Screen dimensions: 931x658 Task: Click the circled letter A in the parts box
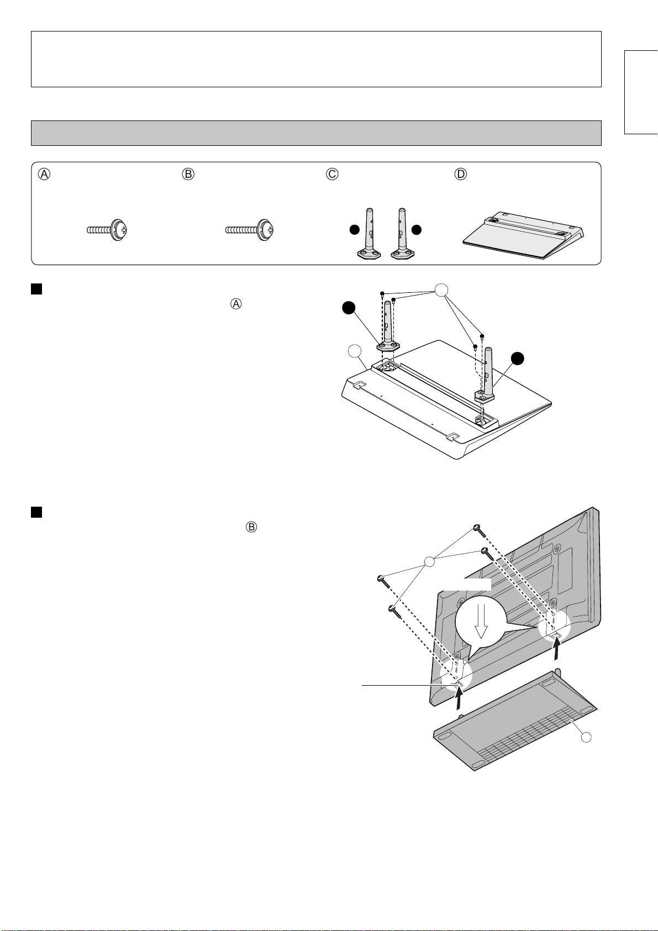click(44, 173)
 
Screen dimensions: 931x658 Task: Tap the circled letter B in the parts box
click(188, 173)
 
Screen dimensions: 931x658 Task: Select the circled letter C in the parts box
click(332, 173)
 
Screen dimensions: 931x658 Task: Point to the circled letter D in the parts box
click(460, 173)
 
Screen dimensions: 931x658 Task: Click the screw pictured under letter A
click(107, 230)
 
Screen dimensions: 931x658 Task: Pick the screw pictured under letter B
click(250, 230)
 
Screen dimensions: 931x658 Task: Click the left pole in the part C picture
click(368, 233)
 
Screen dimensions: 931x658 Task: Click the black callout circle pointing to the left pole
click(349, 308)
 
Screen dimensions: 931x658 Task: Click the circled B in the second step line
click(251, 528)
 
